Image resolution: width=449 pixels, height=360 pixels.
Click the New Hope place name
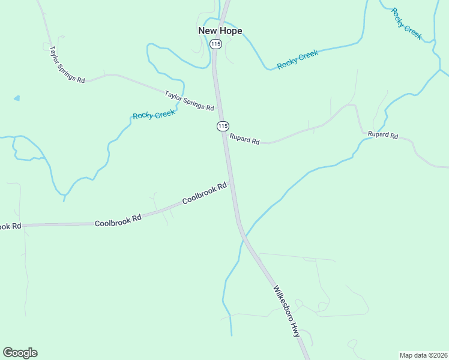pos(220,31)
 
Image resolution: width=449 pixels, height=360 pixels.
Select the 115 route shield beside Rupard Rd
pos(223,126)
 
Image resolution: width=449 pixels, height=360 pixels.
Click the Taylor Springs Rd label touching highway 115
pos(189,100)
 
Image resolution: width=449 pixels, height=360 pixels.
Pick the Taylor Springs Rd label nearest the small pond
pos(67,64)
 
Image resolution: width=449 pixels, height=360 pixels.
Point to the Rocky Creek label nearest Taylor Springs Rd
pos(154,114)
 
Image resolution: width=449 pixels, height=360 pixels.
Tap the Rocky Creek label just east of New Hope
pos(297,59)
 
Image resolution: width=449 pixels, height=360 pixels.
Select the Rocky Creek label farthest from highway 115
pos(407,23)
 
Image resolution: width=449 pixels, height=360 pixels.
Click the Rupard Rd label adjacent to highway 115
pos(244,139)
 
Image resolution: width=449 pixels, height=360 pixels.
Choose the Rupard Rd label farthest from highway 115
pos(383,135)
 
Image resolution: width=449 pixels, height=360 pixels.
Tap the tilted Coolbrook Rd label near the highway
pos(205,193)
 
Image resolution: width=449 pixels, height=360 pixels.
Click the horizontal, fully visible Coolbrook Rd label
pos(118,220)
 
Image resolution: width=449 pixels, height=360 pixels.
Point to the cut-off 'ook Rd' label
pos(10,226)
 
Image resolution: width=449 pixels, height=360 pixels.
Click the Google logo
pos(20,353)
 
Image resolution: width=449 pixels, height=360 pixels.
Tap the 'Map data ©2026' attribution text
pos(423,355)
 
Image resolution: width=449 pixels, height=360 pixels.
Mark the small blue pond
pos(16,98)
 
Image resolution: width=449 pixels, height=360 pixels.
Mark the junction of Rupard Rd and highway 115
pos(225,133)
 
